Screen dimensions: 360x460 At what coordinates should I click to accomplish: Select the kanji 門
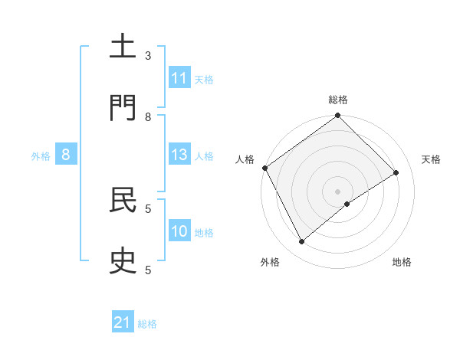(x=123, y=109)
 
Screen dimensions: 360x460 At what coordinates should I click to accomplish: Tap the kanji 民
(x=123, y=201)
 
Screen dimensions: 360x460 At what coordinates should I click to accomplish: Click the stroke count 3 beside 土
(x=148, y=56)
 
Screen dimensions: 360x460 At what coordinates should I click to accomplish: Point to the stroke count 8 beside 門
(x=148, y=117)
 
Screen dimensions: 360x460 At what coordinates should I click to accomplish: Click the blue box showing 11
(x=179, y=78)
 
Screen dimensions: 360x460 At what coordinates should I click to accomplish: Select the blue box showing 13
(x=179, y=155)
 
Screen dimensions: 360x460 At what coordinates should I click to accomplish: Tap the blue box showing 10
(x=179, y=231)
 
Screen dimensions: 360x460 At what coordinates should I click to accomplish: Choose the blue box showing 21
(x=123, y=323)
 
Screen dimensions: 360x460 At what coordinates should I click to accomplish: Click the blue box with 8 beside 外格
(x=66, y=155)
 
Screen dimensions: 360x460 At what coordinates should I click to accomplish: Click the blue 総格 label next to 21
(x=147, y=324)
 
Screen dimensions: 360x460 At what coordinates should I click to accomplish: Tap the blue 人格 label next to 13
(x=204, y=155)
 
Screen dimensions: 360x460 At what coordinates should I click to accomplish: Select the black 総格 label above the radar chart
(x=338, y=100)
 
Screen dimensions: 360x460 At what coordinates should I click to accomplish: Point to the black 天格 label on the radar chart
(x=431, y=159)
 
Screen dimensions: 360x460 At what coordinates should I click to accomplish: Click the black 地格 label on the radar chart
(x=402, y=262)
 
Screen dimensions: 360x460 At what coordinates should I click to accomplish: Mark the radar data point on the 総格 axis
(x=338, y=116)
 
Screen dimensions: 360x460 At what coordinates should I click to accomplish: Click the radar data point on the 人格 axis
(x=264, y=168)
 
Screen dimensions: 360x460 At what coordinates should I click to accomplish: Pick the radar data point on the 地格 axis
(x=347, y=204)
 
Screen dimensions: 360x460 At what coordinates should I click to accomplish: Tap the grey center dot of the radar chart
(x=338, y=191)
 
